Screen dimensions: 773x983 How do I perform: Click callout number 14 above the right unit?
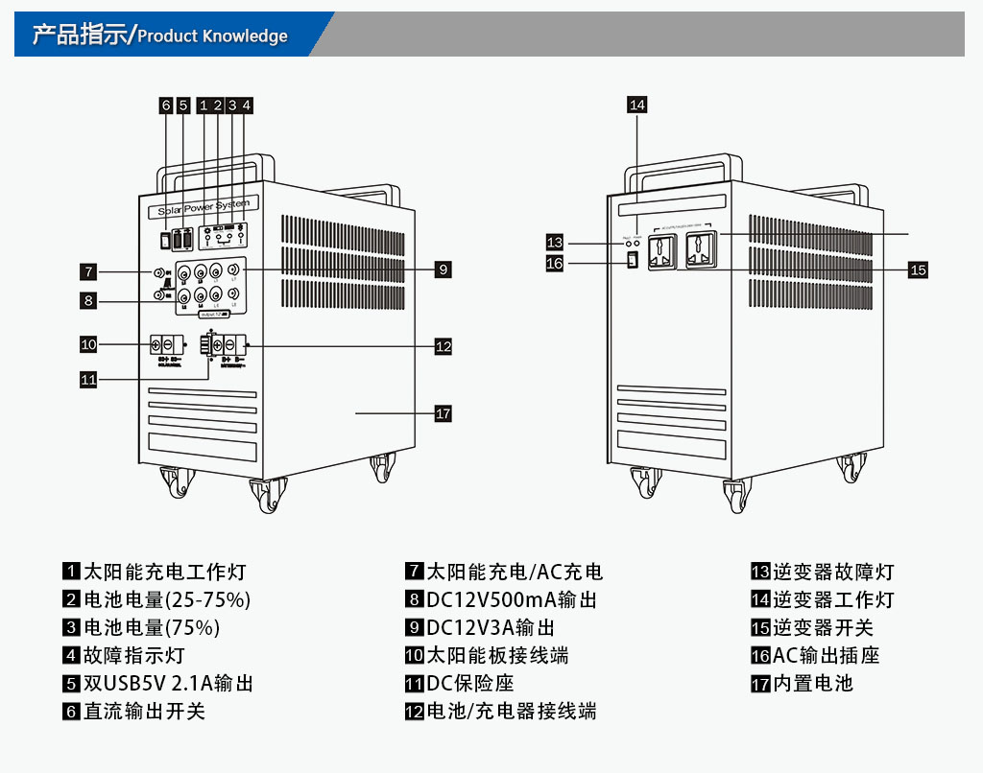[x=637, y=105]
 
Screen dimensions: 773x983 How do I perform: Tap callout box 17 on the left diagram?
[x=443, y=413]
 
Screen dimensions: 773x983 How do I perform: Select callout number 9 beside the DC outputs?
[x=443, y=269]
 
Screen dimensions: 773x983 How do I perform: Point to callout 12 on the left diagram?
[x=443, y=346]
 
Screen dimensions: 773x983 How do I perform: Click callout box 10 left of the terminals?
[x=88, y=343]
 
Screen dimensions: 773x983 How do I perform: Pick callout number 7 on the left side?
[x=88, y=270]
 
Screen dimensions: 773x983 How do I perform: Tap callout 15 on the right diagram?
[x=918, y=269]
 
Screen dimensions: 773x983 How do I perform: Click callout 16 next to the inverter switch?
[x=555, y=263]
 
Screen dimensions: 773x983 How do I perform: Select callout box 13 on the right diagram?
[x=555, y=242]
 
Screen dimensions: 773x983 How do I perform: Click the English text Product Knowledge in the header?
[x=212, y=36]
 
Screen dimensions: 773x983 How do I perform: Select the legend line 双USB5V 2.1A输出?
[x=169, y=684]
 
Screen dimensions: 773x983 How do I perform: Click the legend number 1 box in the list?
[x=71, y=572]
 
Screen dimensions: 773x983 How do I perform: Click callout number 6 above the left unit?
[x=166, y=105]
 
